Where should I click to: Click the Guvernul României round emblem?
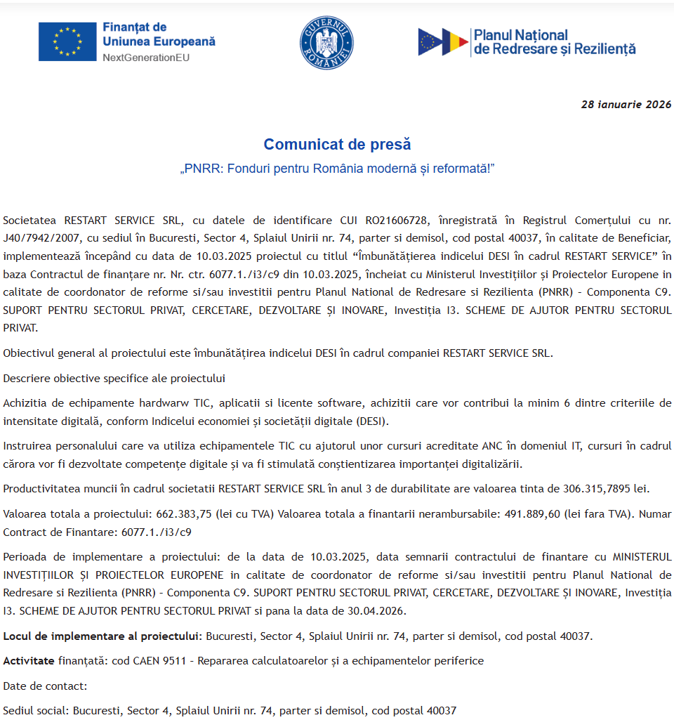(326, 43)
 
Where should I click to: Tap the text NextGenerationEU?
(146, 57)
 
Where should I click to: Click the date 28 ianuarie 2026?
(626, 104)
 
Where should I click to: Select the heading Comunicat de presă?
(337, 144)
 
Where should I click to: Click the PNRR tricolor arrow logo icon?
(442, 42)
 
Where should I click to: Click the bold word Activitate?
(28, 660)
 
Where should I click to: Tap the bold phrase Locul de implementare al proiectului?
(103, 636)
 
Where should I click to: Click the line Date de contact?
(45, 685)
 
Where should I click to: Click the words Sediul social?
(35, 710)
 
